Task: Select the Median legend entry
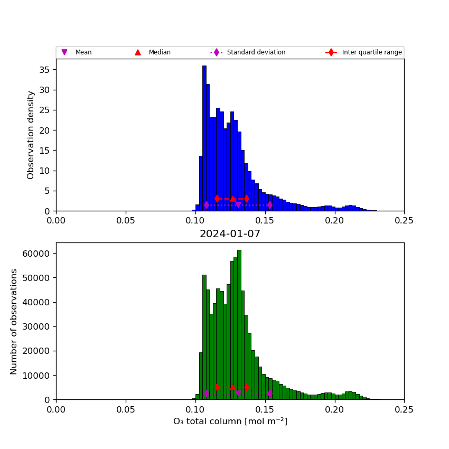coord(153,52)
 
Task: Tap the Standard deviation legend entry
coord(248,52)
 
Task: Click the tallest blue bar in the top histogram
coord(204,137)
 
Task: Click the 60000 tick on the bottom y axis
coord(35,254)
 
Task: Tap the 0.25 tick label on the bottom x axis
coord(404,409)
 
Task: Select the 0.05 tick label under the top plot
coord(126,221)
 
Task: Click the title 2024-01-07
coord(230,234)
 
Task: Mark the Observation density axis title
coord(31,135)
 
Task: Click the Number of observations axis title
coord(14,321)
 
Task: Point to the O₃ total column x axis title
coord(230,422)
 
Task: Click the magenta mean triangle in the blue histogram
coord(238,205)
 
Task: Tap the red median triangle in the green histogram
coord(233,387)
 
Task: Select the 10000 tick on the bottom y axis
coord(35,376)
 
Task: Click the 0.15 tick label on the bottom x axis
coord(265,409)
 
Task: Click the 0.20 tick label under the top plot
coord(334,221)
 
